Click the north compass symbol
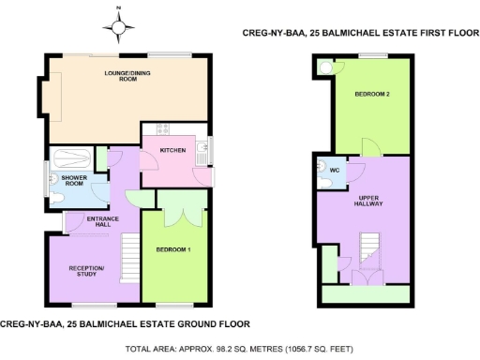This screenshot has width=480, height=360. pyautogui.click(x=120, y=27)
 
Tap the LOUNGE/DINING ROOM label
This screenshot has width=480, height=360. pyautogui.click(x=121, y=75)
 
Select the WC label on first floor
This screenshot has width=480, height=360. pyautogui.click(x=334, y=172)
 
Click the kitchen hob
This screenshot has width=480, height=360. pyautogui.click(x=161, y=128)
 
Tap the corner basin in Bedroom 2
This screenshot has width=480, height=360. pyautogui.click(x=324, y=67)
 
